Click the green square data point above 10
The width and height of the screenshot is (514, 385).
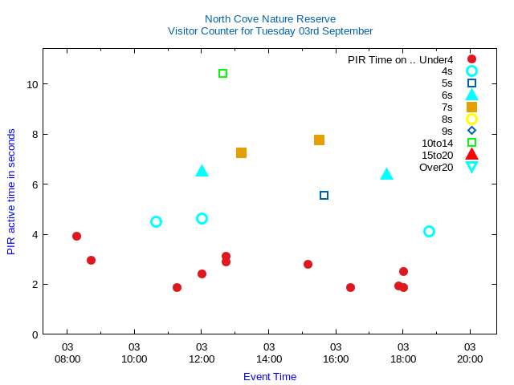(223, 74)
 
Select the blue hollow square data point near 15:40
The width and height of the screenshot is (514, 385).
(324, 195)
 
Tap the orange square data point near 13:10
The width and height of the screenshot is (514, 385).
(241, 152)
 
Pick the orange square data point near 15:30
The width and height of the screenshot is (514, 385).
(319, 140)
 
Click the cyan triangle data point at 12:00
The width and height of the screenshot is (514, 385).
(202, 171)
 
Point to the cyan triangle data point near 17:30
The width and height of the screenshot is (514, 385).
(386, 174)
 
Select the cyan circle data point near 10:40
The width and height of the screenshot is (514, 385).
(156, 221)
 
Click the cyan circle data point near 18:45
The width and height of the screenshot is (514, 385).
(429, 231)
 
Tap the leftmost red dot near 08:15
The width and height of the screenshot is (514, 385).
(76, 236)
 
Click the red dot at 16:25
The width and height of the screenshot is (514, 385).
(350, 287)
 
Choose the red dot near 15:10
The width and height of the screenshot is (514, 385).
(308, 264)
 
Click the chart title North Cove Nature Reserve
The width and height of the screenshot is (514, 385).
(270, 18)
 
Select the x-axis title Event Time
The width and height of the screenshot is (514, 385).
(270, 376)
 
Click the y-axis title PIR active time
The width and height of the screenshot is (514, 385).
(11, 192)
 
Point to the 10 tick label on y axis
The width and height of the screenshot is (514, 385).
(32, 84)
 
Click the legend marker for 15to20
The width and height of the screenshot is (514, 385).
(471, 155)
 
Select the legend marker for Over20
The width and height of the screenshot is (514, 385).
(471, 167)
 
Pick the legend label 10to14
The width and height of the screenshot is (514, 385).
(437, 143)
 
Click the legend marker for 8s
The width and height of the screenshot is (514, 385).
(471, 119)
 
